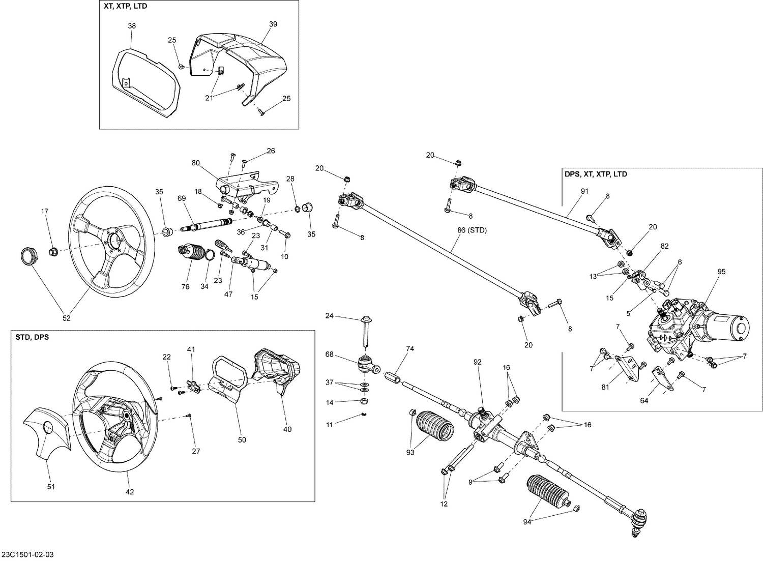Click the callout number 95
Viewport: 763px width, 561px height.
click(x=721, y=272)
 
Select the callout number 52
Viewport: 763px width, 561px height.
click(x=67, y=318)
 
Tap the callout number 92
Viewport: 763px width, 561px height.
click(x=477, y=362)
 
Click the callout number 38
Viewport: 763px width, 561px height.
click(x=132, y=25)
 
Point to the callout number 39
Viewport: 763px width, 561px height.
click(x=273, y=24)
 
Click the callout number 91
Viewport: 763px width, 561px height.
click(x=584, y=191)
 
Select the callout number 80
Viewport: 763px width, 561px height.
click(x=196, y=163)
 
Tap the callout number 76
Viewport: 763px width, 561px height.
click(x=185, y=287)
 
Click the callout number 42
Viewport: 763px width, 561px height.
click(x=130, y=492)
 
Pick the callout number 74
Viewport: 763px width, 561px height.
click(x=410, y=348)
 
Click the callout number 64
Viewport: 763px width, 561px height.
click(x=644, y=400)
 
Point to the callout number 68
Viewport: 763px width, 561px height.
click(x=330, y=354)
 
